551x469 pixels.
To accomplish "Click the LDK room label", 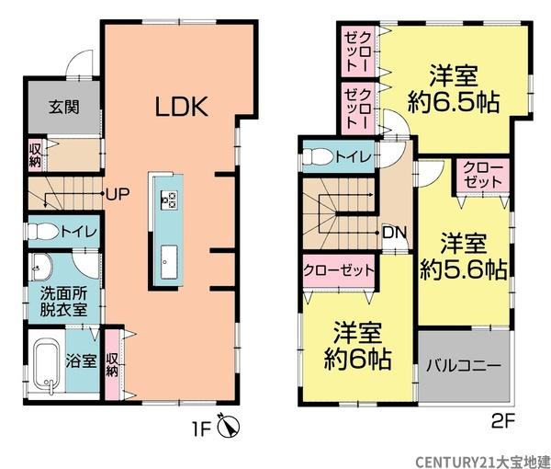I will (x=182, y=106).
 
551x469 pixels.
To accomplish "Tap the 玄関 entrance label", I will (x=63, y=106).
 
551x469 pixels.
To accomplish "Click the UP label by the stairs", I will (x=116, y=194).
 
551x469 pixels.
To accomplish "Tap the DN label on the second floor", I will (x=394, y=232).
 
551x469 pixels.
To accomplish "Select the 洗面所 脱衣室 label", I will (x=62, y=302).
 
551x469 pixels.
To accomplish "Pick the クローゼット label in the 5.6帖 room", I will (x=480, y=175).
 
